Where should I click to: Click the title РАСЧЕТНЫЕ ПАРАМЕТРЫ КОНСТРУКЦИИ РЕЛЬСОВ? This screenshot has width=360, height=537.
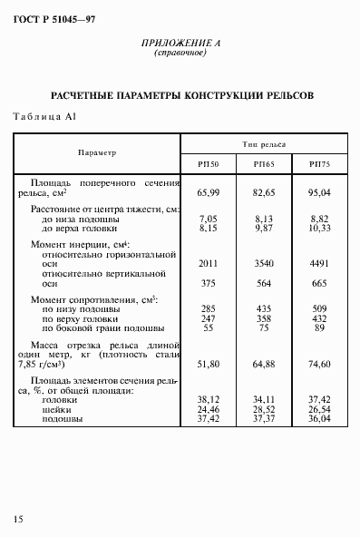point(181,94)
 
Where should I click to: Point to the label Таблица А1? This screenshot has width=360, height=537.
point(44,116)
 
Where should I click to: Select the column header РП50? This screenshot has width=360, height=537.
point(209,163)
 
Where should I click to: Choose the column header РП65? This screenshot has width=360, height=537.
point(264,163)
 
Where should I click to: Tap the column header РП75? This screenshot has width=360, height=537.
point(320,163)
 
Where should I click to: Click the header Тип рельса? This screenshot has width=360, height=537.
point(264,144)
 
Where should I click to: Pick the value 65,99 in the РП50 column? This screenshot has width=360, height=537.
point(209,192)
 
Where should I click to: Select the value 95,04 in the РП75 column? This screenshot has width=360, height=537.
point(320,192)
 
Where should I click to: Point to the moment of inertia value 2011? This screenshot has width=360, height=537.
point(209,262)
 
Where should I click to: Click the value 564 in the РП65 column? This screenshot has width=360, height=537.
point(264,281)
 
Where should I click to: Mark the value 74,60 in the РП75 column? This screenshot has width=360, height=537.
point(320,362)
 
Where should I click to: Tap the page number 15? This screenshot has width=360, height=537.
point(18,518)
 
